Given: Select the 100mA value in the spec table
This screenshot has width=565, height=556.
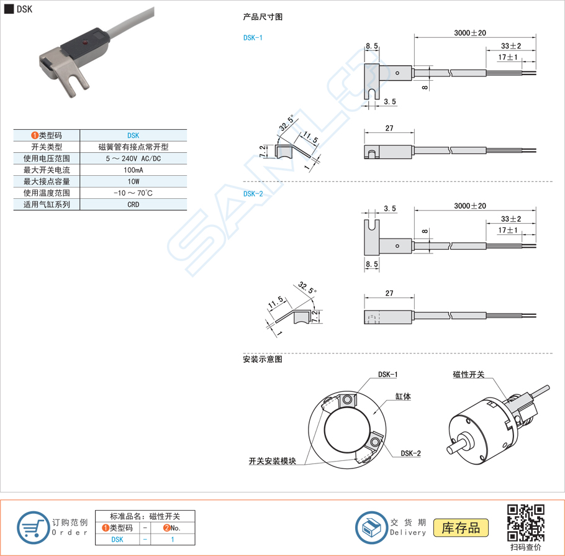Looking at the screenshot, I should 133,170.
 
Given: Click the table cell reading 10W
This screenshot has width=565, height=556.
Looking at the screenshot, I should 133,181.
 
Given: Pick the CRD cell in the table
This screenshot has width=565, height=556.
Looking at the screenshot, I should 133,204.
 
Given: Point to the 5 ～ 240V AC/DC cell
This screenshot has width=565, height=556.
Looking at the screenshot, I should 133,158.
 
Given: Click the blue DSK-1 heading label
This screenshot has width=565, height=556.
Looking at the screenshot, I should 253,37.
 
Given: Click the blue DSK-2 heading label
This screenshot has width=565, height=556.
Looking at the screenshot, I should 253,193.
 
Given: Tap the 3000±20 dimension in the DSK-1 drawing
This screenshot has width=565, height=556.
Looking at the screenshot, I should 469,33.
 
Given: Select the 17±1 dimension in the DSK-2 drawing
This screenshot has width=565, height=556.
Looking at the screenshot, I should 508,230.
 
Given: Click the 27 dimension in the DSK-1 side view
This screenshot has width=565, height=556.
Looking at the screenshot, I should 389,128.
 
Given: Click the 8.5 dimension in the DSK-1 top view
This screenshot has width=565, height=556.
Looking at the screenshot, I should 371,46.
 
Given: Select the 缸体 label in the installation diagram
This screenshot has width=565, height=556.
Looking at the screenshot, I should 402,396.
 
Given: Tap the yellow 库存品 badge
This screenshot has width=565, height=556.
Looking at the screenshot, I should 461,527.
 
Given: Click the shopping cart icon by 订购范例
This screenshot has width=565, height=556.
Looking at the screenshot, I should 33,527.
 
